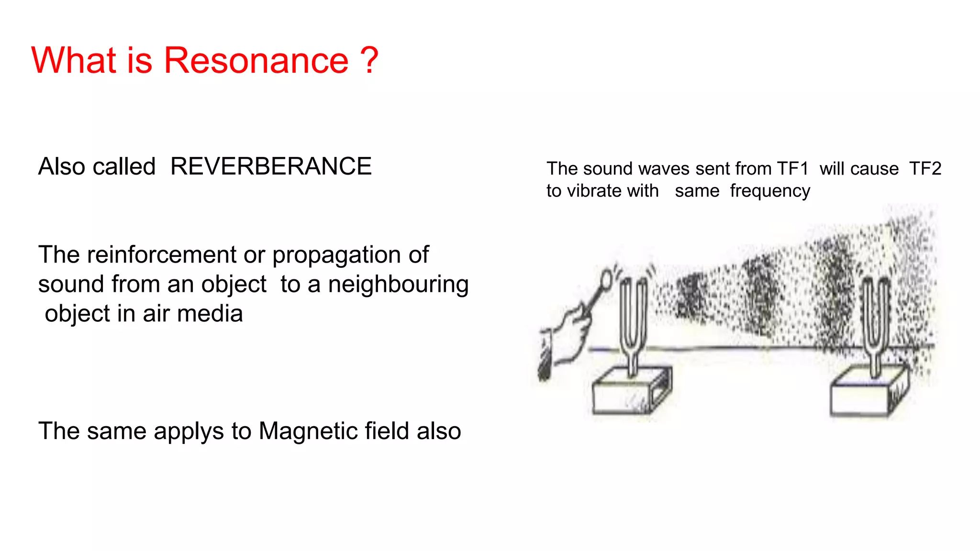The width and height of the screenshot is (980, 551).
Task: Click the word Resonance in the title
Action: click(256, 61)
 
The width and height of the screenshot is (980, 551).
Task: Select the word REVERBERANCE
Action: click(271, 166)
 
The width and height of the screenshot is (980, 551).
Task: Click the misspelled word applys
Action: click(194, 432)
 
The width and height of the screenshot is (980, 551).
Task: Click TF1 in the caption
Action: click(792, 169)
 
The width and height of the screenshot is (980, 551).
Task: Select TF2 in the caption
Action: click(925, 169)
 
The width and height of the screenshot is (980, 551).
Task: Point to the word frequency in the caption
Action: click(770, 191)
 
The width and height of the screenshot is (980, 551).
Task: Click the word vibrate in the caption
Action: click(593, 191)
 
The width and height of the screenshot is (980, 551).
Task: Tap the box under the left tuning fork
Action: click(627, 395)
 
